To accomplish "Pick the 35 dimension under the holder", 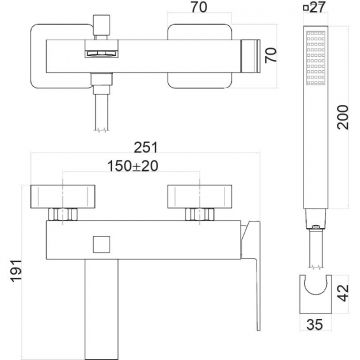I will pyautogui.click(x=314, y=324).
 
